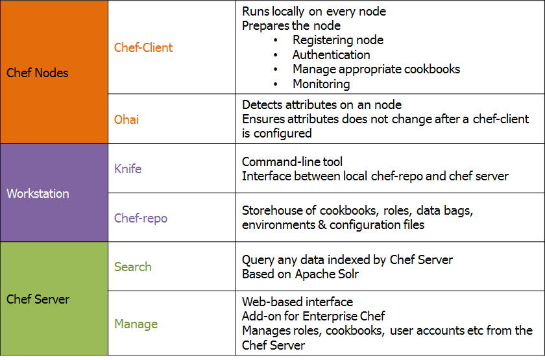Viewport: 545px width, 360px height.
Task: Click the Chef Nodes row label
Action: tap(37, 73)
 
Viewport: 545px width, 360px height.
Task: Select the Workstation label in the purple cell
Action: tap(38, 193)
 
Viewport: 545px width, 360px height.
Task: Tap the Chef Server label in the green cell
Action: tap(38, 299)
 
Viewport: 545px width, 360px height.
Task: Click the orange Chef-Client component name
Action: tap(143, 47)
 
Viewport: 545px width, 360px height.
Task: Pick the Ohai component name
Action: tap(127, 119)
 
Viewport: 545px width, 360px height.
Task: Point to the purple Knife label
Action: tap(128, 169)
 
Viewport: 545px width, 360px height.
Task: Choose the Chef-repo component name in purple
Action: tap(141, 218)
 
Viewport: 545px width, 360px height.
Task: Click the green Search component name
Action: tap(133, 267)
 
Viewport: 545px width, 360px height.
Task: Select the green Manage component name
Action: tap(136, 324)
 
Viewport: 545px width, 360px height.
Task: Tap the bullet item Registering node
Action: tap(337, 40)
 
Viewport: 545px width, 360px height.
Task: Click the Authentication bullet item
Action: tap(331, 55)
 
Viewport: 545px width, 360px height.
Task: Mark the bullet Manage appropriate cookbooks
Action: tap(376, 69)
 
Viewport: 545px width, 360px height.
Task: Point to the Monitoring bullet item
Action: tap(321, 84)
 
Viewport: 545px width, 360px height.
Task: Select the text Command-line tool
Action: tap(292, 162)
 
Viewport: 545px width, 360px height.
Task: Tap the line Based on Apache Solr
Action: tap(300, 274)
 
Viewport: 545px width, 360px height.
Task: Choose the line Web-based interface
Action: tap(297, 302)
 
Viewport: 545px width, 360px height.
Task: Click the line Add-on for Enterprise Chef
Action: tap(313, 316)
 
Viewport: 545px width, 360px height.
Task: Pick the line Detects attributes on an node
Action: tap(322, 104)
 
